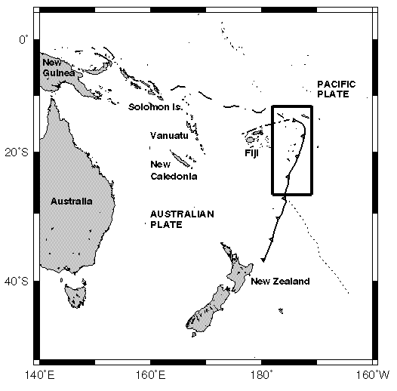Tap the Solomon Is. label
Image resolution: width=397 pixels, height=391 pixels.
coord(155,107)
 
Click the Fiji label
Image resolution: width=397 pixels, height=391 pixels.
coord(253,153)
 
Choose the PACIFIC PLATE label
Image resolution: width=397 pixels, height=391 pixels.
coord(336,89)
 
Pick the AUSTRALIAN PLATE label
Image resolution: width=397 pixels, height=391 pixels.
coord(181,219)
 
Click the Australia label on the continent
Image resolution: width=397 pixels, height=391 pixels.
coord(72,202)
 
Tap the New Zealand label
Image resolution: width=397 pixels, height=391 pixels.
coord(280,282)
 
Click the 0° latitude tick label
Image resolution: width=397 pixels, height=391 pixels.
coord(25,38)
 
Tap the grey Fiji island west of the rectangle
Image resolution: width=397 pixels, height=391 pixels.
coord(250,140)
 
